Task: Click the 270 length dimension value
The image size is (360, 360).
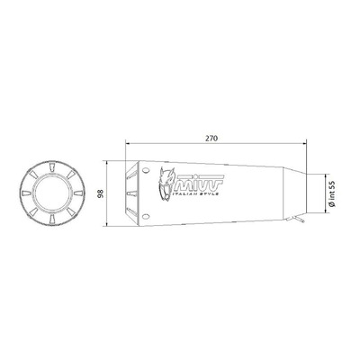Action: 211,139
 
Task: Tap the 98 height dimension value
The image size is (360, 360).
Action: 101,193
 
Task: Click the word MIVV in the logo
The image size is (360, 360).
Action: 199,183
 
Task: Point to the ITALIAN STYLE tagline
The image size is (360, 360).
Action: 195,194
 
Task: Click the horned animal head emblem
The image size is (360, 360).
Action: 166,184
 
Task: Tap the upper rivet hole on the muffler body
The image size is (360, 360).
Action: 146,171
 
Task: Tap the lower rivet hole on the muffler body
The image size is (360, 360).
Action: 146,216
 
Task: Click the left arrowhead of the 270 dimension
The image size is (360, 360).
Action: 128,144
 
